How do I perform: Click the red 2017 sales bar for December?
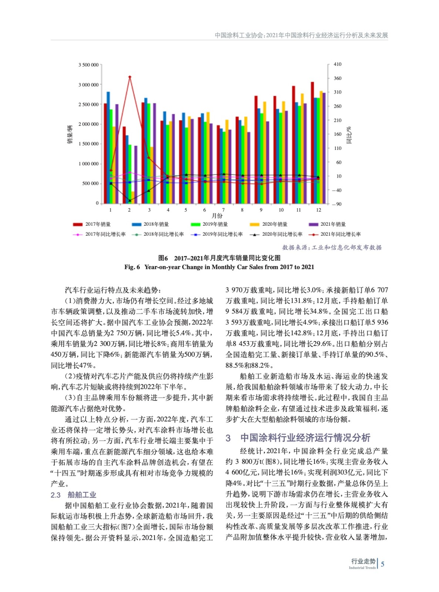coord(312,142)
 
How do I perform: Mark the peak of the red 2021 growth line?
coord(129,77)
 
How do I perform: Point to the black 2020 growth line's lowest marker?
coord(129,201)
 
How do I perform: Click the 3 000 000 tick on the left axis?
coord(88,85)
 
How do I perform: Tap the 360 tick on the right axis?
coord(337,78)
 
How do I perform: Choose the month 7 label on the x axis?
coord(223,210)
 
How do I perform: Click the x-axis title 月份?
coord(217,216)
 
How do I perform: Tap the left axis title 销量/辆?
coord(70,134)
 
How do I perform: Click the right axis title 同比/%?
coord(349,135)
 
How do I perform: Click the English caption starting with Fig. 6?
coord(219,267)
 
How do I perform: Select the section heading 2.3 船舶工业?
coord(73,495)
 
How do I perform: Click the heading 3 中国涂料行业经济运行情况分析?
coord(298,438)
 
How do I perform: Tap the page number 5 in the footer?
coord(382,564)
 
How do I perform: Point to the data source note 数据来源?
coord(332,248)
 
